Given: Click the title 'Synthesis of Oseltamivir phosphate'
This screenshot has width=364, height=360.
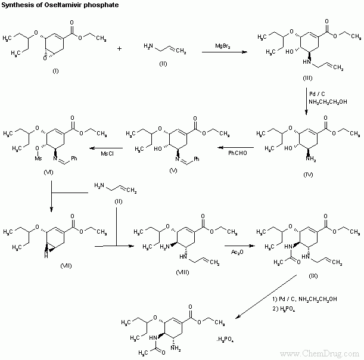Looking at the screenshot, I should [x=45, y=5].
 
